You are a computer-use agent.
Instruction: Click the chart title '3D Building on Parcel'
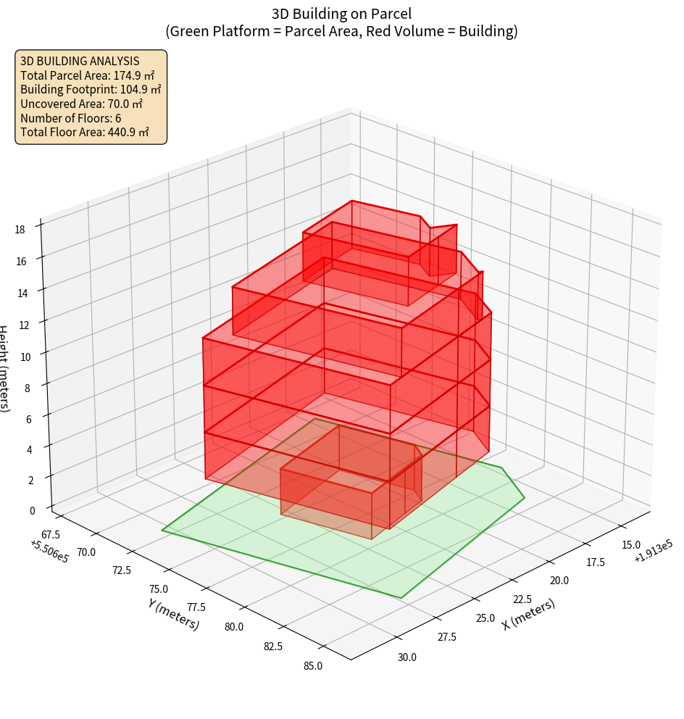click(x=341, y=13)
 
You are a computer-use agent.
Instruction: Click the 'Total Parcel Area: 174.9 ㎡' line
click(x=87, y=75)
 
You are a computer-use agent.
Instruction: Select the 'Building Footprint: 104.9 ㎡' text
click(x=91, y=89)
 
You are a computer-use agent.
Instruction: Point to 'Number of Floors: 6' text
click(x=71, y=118)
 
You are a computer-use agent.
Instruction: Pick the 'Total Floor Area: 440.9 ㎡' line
click(x=85, y=132)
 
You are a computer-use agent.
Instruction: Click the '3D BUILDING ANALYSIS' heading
click(x=80, y=61)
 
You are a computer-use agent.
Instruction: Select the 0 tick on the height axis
click(x=31, y=510)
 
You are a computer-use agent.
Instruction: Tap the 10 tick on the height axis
click(x=26, y=356)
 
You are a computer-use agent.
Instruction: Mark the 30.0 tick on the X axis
click(x=406, y=657)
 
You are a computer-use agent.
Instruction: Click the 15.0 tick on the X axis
click(x=631, y=544)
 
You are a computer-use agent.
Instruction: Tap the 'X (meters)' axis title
click(x=528, y=615)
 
